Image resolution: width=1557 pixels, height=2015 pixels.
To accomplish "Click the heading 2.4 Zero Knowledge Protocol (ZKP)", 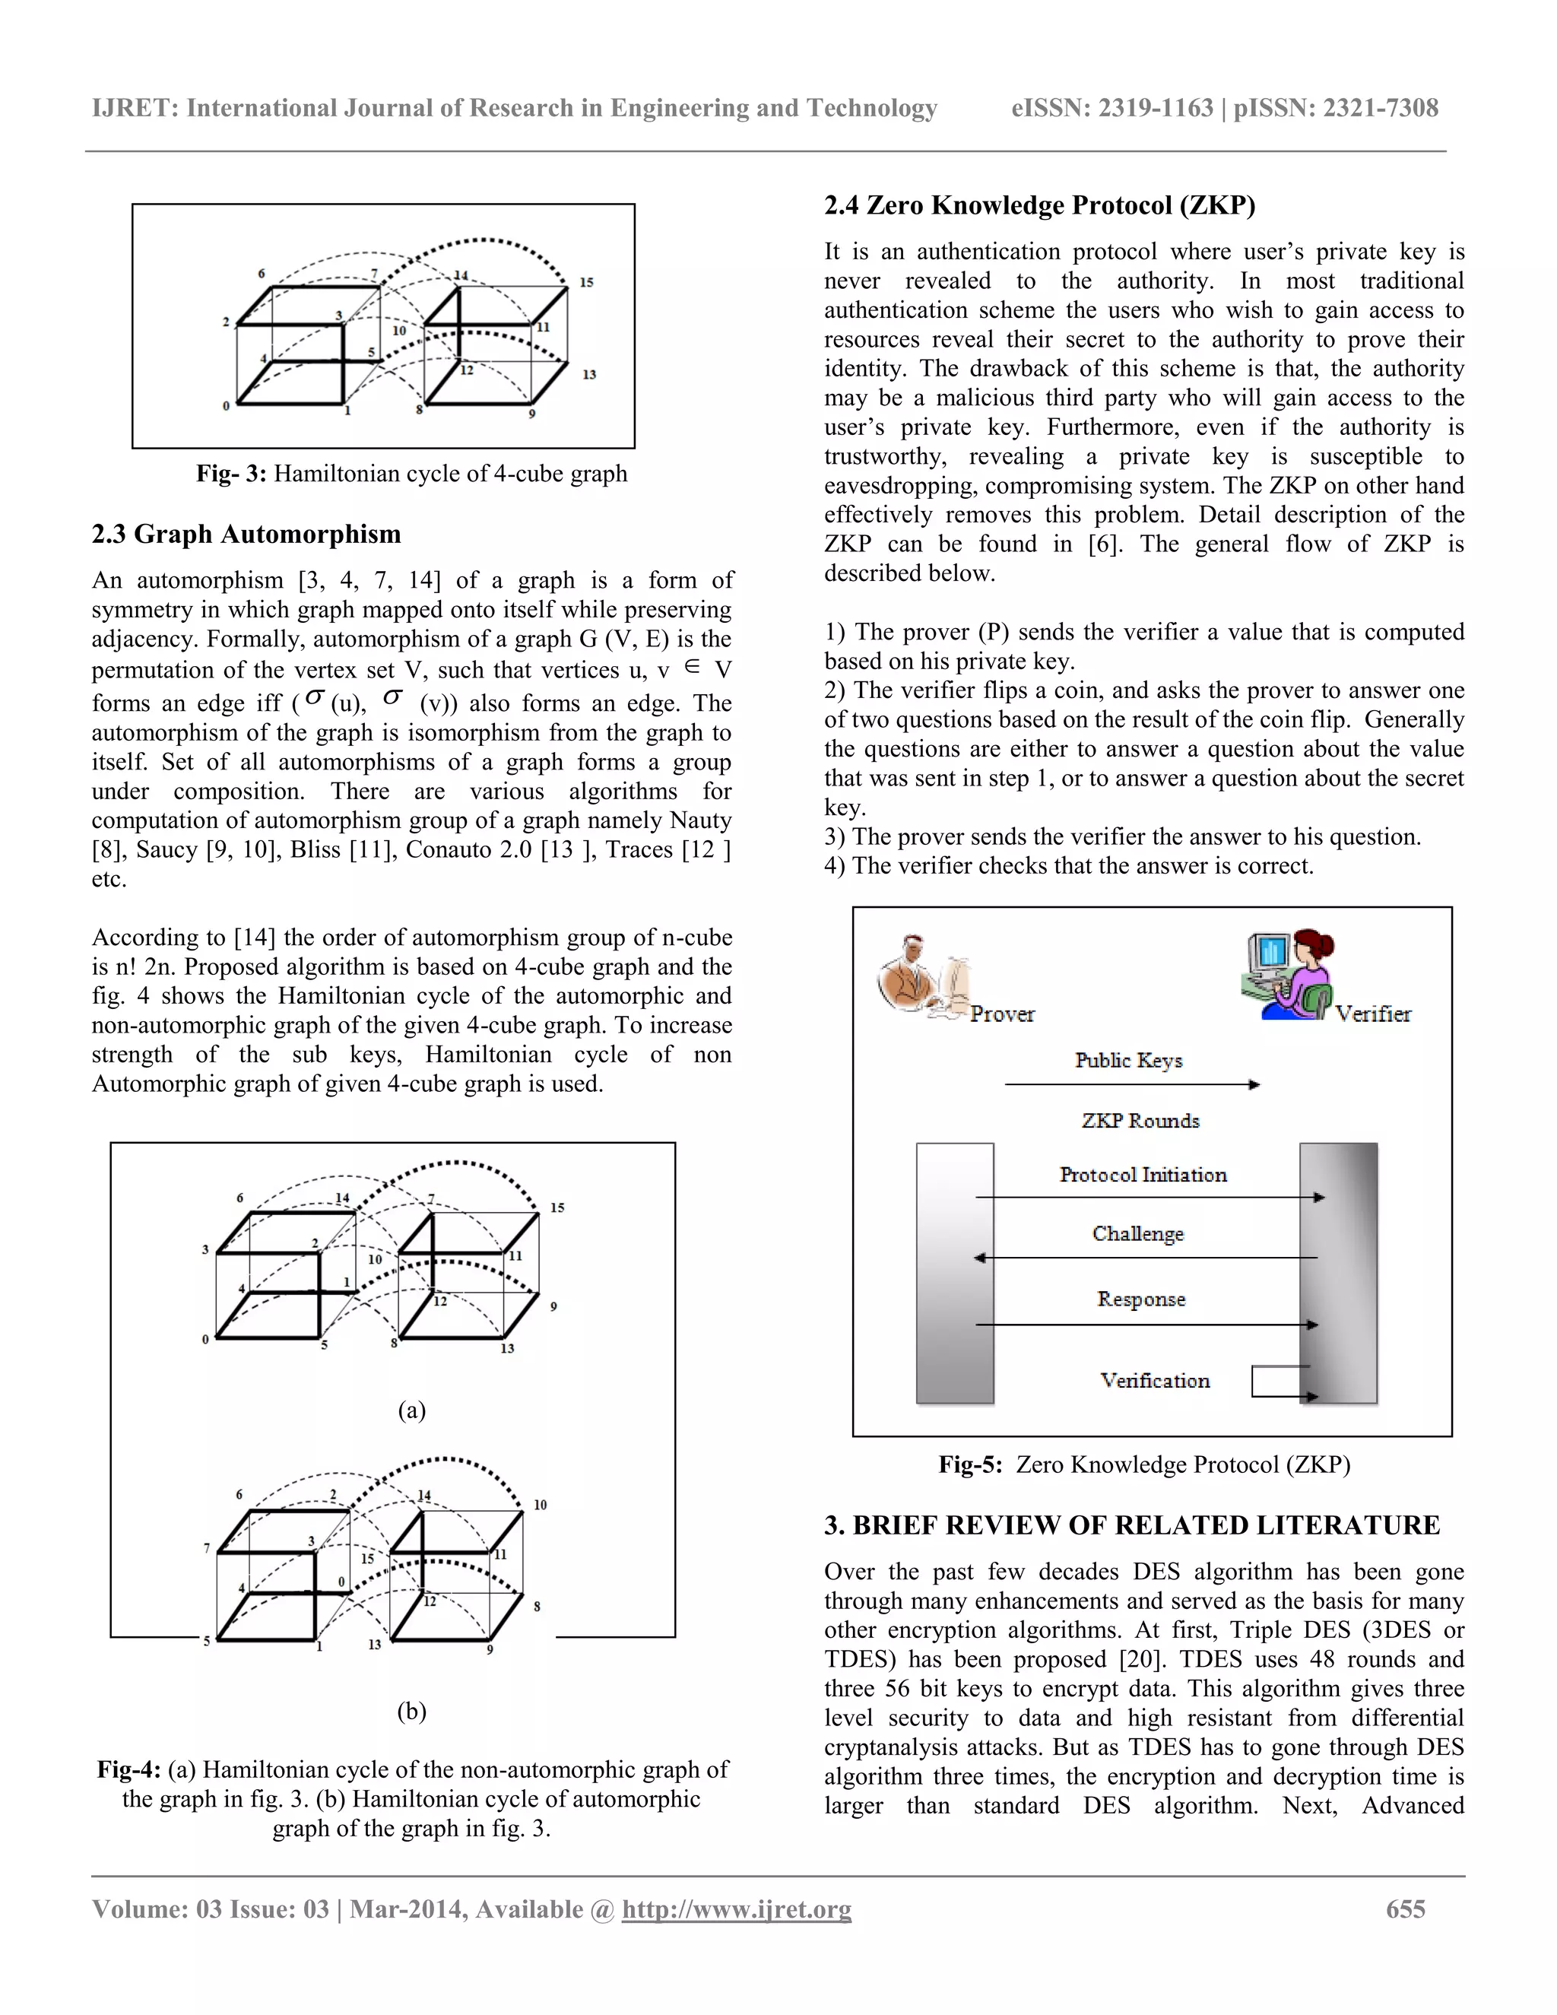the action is (x=1039, y=205).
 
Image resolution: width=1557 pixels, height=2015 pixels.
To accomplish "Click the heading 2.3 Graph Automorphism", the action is (x=246, y=535).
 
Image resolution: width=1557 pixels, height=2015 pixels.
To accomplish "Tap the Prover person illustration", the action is (x=918, y=979).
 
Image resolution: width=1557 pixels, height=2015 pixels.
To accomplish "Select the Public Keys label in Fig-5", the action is (x=1128, y=1060).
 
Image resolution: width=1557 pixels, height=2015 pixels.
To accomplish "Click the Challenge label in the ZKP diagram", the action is (x=1137, y=1233).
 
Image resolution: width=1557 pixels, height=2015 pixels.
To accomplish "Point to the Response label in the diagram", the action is (x=1141, y=1299).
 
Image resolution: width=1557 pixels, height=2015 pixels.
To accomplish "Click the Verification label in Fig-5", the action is (x=1154, y=1380).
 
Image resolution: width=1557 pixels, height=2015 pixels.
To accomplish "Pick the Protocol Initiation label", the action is (x=1143, y=1175).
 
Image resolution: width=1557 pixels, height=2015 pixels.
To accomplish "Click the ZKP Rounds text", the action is (x=1140, y=1120).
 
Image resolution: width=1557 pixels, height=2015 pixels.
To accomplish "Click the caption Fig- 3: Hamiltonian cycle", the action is (x=411, y=473).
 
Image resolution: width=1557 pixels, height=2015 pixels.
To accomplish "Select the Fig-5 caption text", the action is (x=1143, y=1464).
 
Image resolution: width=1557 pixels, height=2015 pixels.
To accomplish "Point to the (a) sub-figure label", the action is (x=411, y=1410).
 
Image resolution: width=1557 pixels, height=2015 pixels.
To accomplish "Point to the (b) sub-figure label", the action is (x=411, y=1711).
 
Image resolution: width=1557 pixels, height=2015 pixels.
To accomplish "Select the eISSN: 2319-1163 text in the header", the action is (x=1111, y=108).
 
